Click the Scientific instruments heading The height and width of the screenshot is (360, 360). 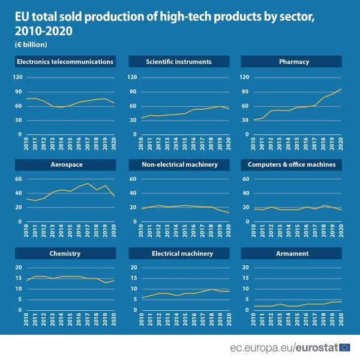(178, 61)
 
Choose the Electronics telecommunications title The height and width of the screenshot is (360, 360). (65, 61)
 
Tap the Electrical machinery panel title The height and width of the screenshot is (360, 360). (178, 253)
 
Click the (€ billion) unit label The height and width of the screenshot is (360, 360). (31, 44)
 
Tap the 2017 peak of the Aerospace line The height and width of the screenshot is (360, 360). (88, 184)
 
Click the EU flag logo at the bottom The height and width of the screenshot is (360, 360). (345, 347)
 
